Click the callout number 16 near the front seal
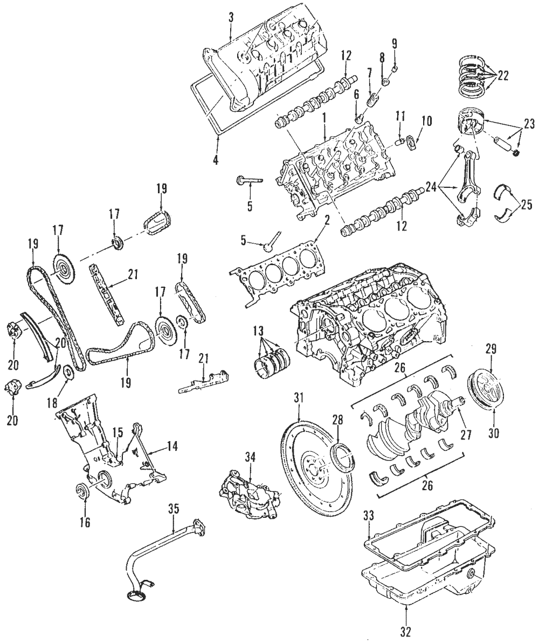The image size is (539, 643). pos(86,522)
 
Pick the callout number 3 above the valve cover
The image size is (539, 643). pos(231,17)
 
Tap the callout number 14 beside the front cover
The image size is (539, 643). pos(172,446)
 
